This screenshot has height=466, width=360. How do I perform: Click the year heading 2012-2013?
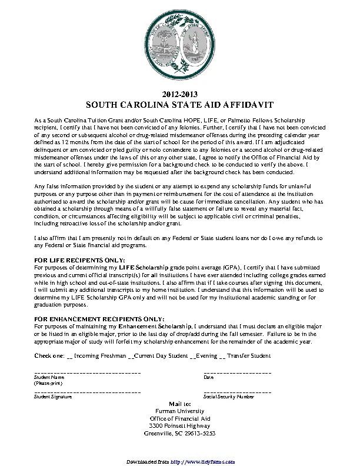(180, 94)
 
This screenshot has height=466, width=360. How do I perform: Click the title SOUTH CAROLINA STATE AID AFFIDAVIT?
(180, 104)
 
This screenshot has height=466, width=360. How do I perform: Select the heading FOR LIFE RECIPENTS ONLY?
(79, 259)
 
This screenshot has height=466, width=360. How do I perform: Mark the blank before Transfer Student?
(222, 357)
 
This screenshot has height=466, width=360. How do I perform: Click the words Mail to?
(180, 404)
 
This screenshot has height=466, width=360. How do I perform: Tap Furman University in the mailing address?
(180, 411)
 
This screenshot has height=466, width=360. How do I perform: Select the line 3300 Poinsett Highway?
(180, 425)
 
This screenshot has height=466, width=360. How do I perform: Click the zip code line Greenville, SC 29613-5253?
(180, 433)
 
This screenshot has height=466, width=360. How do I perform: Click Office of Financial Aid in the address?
(180, 418)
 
